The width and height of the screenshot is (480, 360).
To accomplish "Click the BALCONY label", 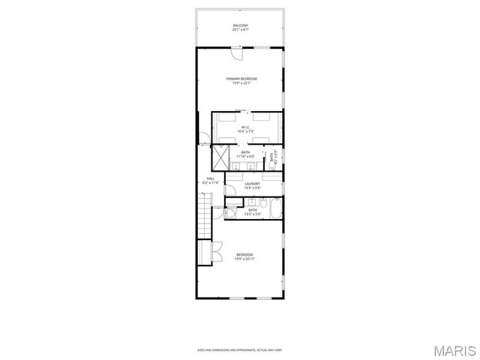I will (x=240, y=25).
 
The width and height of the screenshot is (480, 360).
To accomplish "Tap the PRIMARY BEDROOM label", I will (x=242, y=79).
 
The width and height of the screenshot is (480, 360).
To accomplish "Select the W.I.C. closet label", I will (x=246, y=127).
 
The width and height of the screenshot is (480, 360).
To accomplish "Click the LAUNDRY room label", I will (x=252, y=183).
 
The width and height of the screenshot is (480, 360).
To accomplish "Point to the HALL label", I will (x=211, y=178).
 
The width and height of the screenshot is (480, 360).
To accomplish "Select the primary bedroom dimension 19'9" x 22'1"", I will (x=242, y=83).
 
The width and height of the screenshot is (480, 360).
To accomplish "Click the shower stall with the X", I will (x=220, y=157).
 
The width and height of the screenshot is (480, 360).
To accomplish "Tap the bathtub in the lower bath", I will (x=275, y=208).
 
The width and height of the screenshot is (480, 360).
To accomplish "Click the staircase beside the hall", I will (x=203, y=214).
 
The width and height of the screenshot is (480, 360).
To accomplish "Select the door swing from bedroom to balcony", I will (x=236, y=54).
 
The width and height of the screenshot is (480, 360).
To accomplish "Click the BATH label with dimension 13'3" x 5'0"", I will (x=252, y=212).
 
